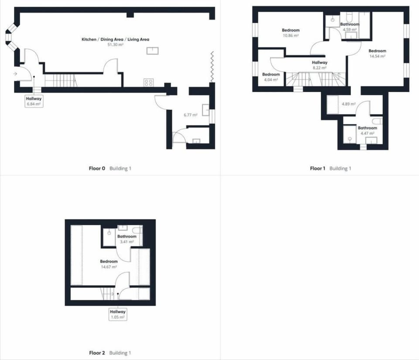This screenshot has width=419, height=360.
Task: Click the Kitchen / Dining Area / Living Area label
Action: [x=116, y=40]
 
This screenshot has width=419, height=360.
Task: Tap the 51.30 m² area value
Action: [x=116, y=45]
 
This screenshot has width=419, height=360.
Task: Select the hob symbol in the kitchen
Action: [x=148, y=82]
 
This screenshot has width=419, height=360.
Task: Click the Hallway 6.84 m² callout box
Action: [x=34, y=101]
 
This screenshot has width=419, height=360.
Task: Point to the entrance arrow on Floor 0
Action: [x=15, y=74]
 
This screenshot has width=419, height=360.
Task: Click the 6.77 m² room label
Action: [x=191, y=115]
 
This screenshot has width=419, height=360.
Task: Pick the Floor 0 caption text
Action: [x=97, y=168]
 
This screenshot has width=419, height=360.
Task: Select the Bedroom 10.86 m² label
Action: [x=290, y=33]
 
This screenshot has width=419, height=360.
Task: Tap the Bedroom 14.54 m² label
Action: [x=377, y=53]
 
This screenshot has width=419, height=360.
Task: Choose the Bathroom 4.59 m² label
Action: [x=350, y=27]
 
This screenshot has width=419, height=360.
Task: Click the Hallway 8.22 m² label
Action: [x=319, y=65]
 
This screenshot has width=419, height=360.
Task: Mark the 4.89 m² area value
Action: [x=348, y=104]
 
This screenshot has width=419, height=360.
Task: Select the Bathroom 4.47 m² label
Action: [x=367, y=131]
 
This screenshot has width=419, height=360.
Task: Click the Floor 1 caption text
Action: [x=318, y=168]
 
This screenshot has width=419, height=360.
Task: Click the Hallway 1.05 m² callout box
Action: [x=118, y=314]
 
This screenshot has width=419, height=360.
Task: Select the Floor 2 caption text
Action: [x=97, y=353]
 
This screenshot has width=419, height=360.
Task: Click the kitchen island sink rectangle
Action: [x=152, y=51]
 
